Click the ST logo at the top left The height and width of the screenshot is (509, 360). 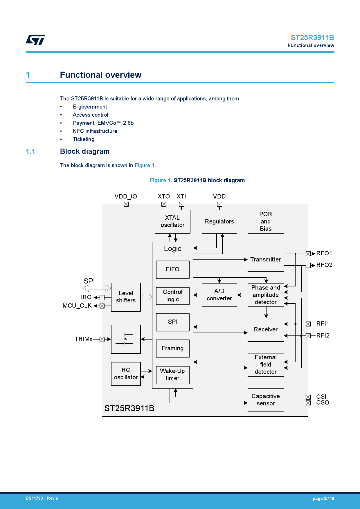35,40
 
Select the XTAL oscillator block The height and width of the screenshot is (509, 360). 172,221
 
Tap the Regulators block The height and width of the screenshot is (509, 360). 219,221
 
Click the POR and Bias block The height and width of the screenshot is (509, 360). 265,221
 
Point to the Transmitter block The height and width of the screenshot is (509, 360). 265,259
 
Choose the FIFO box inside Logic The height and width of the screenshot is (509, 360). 172,269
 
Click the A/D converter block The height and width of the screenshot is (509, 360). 219,295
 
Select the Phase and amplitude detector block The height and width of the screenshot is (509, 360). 265,295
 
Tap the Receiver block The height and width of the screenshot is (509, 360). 265,330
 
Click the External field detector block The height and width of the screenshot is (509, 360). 265,365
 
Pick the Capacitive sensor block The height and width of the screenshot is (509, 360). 265,400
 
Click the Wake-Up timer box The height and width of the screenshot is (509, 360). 172,375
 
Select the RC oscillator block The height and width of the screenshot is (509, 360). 126,374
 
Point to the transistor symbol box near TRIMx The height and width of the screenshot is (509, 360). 126,339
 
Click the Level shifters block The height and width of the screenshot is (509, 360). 126,297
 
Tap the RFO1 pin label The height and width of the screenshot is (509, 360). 324,253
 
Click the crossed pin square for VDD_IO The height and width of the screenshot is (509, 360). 126,204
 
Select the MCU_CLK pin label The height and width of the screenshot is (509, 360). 77,306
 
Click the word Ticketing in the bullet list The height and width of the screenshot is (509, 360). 84,139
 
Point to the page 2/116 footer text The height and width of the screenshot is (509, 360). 323,499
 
